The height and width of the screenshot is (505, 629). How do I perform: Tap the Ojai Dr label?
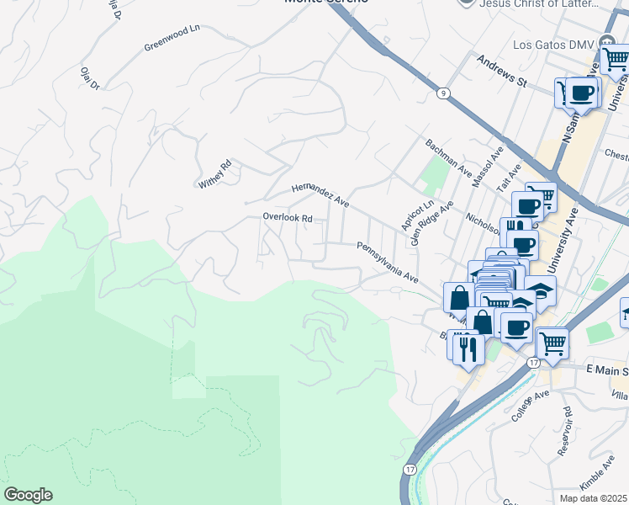pyautogui.click(x=90, y=79)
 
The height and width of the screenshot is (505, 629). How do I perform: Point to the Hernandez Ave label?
pyautogui.click(x=320, y=195)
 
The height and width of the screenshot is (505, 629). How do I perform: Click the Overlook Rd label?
pyautogui.click(x=287, y=217)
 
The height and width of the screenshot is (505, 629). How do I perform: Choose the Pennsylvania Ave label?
pyautogui.click(x=387, y=262)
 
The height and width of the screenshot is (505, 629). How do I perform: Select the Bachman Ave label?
pyautogui.click(x=448, y=157)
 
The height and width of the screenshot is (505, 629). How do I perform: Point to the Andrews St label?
pyautogui.click(x=500, y=72)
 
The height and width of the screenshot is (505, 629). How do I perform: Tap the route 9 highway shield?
pyautogui.click(x=441, y=93)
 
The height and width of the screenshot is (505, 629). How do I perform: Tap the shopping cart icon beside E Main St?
pyautogui.click(x=552, y=343)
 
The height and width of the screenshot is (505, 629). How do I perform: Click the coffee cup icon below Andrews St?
pyautogui.click(x=581, y=93)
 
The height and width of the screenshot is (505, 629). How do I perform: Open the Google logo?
pyautogui.click(x=28, y=495)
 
